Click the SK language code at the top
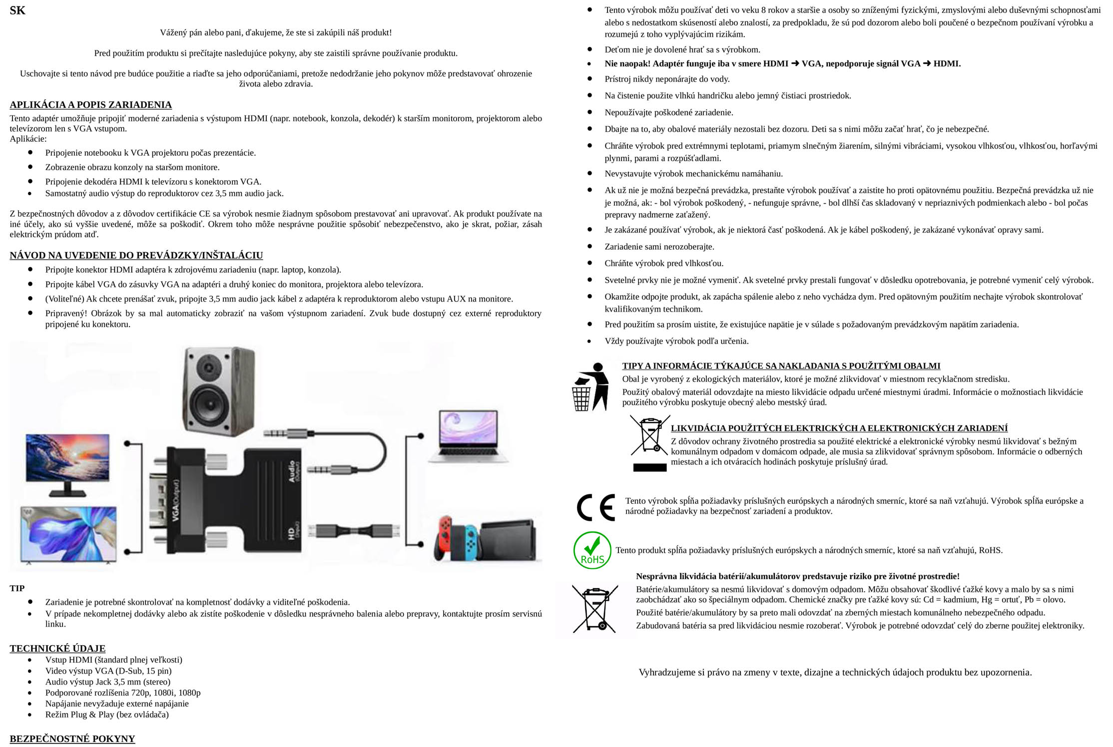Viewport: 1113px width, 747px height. (17, 10)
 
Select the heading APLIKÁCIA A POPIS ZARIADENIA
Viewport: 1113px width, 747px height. (90, 105)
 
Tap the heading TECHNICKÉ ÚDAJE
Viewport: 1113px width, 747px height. (57, 648)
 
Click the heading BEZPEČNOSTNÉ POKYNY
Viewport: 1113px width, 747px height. (72, 739)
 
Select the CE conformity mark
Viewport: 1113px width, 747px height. (595, 507)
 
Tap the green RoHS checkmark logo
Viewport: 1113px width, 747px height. (592, 550)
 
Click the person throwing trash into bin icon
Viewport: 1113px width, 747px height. (590, 387)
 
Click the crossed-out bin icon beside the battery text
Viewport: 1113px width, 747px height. (595, 609)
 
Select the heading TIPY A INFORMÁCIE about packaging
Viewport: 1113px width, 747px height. (781, 366)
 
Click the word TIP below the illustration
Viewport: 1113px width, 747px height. (17, 588)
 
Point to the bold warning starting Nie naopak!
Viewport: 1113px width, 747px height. (782, 63)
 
